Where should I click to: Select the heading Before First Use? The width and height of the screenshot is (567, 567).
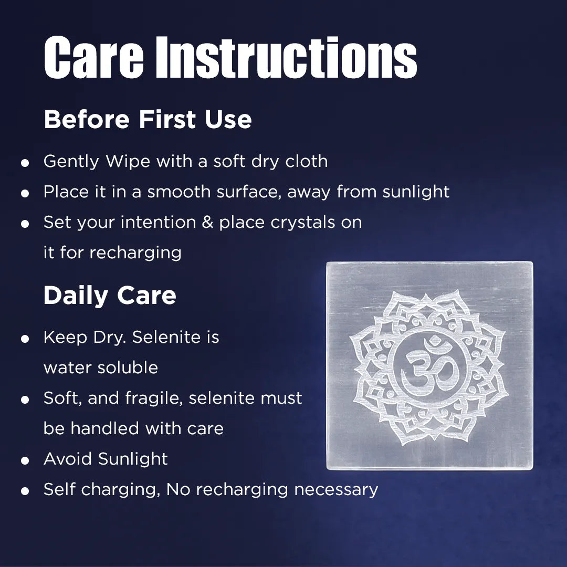point(148,119)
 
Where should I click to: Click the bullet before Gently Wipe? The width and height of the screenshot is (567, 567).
point(25,163)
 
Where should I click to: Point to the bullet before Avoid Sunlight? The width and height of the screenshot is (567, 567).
point(25,461)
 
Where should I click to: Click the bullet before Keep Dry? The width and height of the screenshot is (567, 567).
point(25,339)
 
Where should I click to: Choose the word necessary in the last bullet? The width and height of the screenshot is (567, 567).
point(336,490)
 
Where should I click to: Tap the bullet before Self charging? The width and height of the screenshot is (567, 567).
point(25,491)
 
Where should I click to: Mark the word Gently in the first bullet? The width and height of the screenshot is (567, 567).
point(71,162)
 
